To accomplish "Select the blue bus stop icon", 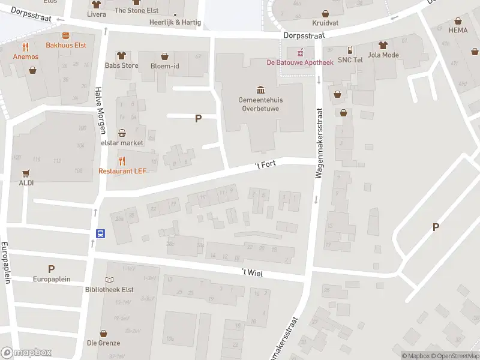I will point(101,234).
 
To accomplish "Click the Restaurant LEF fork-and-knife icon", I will point(122,161).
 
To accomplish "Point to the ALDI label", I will point(26,182).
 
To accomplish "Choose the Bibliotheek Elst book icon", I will point(109,280).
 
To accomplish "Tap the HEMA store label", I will point(458,30).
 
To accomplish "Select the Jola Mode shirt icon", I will point(383,45).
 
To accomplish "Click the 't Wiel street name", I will point(253,272).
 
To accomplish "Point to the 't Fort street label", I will point(265,164).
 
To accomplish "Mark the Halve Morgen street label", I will point(101,110).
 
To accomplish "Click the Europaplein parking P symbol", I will point(51,269).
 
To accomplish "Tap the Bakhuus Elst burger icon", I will point(65,35).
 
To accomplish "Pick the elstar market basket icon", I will point(122,133).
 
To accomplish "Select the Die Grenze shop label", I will point(103,343).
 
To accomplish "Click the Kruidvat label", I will point(326,23).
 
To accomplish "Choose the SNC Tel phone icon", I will point(350,50).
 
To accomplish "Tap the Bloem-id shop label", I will point(165,65).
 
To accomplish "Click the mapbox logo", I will point(26,353).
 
